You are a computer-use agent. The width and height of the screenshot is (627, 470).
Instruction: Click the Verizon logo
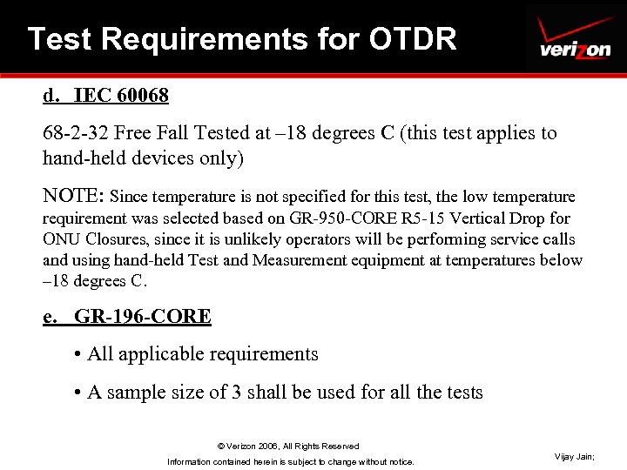pyautogui.click(x=575, y=39)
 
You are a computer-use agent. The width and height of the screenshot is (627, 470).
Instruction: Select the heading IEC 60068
pyautogui.click(x=122, y=93)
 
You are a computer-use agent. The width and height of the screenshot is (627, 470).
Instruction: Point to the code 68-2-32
pyautogui.click(x=76, y=133)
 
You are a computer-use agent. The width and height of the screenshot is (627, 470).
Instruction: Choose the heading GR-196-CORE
pyautogui.click(x=143, y=316)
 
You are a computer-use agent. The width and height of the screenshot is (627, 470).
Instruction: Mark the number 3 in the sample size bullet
pyautogui.click(x=236, y=393)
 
